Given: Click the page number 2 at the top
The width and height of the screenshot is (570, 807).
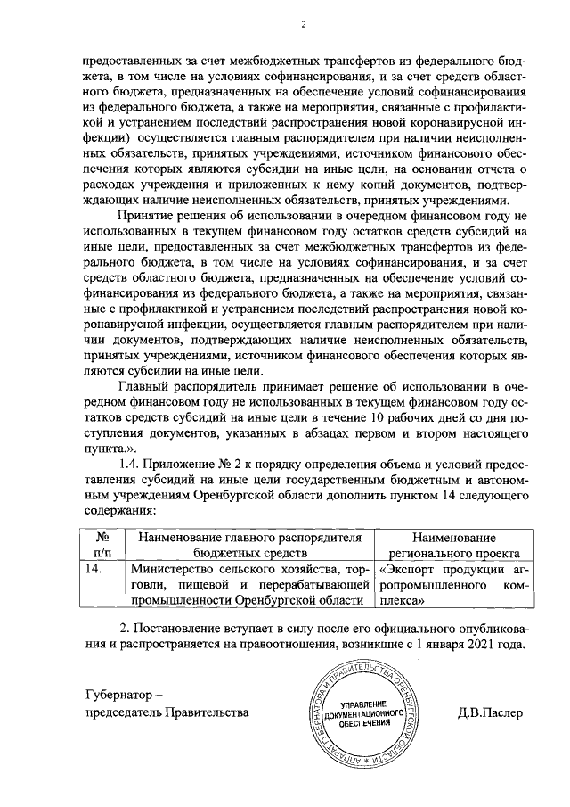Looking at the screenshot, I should [x=303, y=24].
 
